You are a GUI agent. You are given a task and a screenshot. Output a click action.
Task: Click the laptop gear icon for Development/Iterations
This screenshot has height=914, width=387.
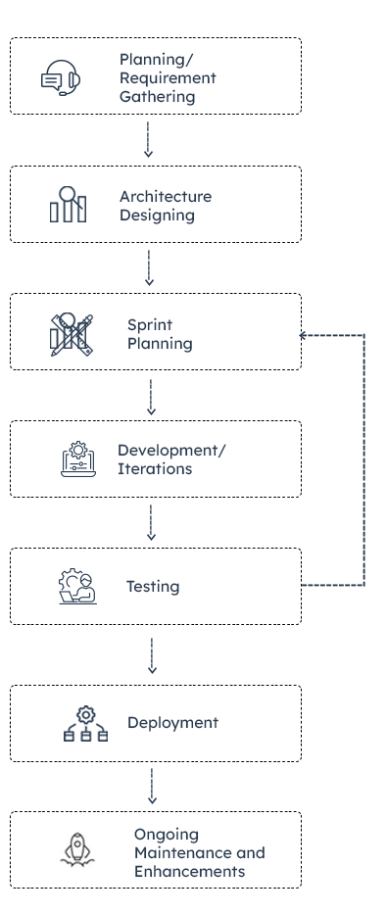79,458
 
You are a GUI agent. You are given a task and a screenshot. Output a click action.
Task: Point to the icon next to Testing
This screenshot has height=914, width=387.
77,586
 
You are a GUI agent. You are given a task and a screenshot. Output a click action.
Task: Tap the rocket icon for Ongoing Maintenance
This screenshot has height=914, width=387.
77,849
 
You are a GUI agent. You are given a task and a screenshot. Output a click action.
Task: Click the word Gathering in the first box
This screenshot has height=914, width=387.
157,97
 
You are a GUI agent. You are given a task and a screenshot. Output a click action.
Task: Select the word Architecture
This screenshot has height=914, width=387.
165,196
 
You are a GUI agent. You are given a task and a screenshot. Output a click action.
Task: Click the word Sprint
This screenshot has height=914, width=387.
149,324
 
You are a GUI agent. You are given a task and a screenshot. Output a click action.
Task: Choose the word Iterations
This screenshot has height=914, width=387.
154,468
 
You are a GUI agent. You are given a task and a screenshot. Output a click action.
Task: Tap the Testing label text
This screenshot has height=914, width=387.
152,587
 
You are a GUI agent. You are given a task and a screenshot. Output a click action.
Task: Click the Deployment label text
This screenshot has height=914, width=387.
172,723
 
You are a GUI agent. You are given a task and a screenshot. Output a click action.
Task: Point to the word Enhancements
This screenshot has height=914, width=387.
189,871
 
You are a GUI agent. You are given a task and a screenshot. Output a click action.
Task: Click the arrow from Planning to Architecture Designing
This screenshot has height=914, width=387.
148,139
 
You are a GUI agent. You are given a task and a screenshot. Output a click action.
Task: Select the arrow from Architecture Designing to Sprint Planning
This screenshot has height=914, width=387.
149,266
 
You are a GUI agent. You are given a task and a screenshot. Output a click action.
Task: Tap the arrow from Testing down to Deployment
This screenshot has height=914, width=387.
151,654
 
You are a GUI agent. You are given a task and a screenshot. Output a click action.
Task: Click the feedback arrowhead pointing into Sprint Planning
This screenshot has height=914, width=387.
305,336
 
